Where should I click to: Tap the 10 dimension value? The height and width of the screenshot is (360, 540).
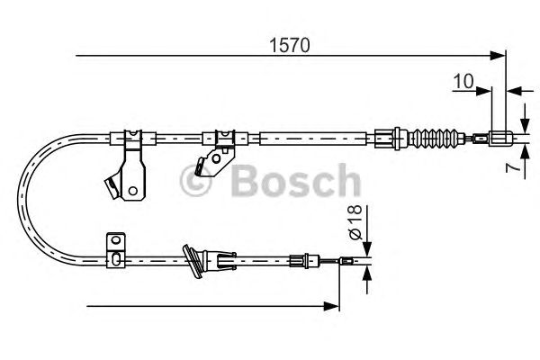[x=464, y=81]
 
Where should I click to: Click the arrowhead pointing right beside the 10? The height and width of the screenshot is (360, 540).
[x=486, y=91]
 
